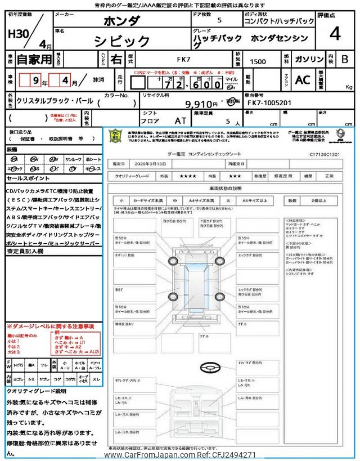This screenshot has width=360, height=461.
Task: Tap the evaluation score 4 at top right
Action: pos(335,34)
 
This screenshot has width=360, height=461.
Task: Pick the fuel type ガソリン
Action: pos(309,59)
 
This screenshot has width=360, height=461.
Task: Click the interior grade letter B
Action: pos(345,59)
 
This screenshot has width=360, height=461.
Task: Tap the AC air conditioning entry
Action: pos(303,80)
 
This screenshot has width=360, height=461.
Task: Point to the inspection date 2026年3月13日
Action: pos(150,163)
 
